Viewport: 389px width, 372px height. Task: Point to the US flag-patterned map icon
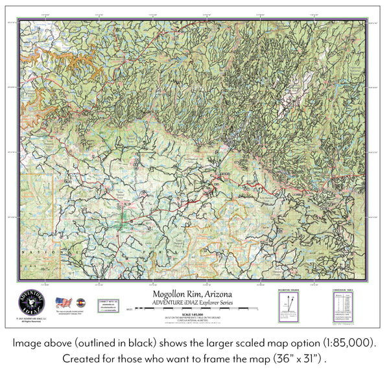(63, 302)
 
